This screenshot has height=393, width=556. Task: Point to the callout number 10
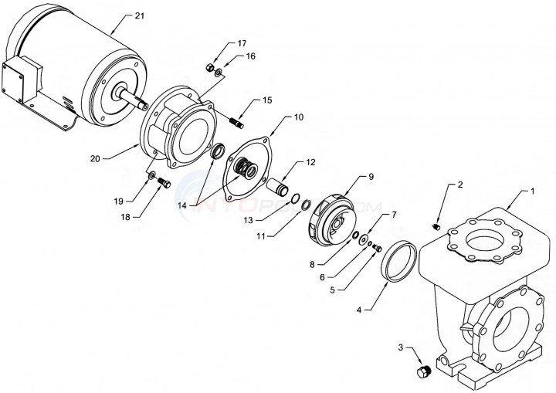pos(297,117)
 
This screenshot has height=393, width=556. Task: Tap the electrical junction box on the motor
pos(19,78)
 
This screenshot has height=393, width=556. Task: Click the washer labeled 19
pos(150,174)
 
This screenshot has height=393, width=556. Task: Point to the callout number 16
pos(251,56)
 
